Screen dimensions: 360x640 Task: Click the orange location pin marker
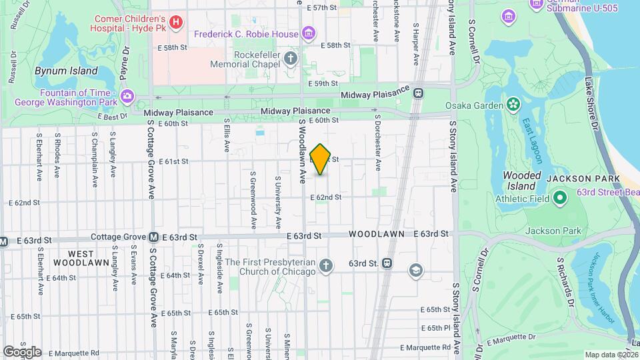(321, 159)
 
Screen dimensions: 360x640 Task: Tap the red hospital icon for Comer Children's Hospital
(176, 23)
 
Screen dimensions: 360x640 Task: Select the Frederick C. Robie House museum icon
(308, 33)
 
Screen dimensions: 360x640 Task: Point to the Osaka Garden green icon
(513, 103)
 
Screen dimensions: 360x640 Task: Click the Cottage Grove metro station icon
(153, 237)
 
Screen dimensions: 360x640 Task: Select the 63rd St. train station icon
(387, 263)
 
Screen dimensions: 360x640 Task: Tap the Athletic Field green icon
(560, 198)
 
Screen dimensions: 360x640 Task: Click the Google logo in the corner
(22, 351)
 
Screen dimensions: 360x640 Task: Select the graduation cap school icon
(416, 270)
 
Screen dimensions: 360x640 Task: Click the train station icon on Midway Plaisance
(419, 94)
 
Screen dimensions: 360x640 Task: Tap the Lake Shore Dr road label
(589, 103)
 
